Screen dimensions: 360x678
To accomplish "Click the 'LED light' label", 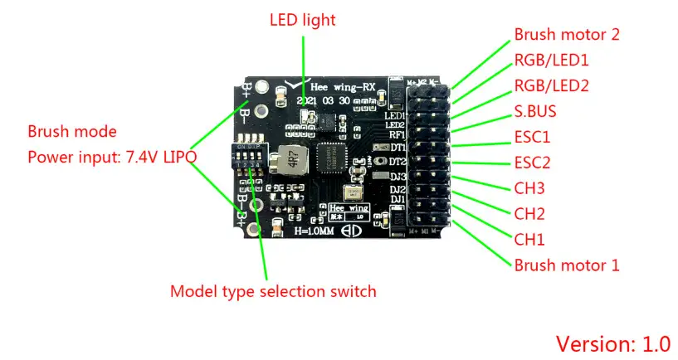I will [303, 19].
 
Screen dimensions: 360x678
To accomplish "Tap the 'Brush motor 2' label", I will [567, 35].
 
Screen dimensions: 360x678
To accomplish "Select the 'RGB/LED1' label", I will [552, 60].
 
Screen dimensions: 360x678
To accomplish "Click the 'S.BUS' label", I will [536, 110].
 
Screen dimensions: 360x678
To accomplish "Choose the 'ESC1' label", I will [532, 136].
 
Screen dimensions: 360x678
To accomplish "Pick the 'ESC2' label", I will [533, 162].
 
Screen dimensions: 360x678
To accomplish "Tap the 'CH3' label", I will [529, 188].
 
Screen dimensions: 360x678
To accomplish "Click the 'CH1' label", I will [529, 240].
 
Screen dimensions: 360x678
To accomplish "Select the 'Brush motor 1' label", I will [567, 265].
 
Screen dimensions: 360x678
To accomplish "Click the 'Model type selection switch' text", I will [273, 291].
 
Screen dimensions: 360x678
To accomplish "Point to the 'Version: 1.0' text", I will [612, 343].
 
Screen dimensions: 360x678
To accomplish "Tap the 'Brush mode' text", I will [72, 132].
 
